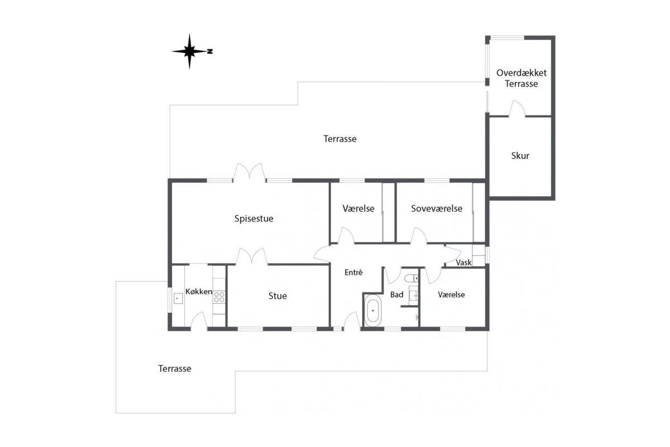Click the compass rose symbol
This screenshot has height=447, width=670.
pos(189,51)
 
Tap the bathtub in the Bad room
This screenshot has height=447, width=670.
pos(373,311)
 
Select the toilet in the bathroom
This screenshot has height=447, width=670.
pos(411,278)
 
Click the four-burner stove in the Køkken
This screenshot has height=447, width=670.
pos(219,297)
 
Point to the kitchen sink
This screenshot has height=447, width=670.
pos(178,299)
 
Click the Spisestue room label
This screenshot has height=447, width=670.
pos(253,219)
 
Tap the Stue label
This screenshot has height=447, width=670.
pos(277,296)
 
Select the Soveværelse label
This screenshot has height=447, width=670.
pos(437,208)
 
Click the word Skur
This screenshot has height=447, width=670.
pos(520,156)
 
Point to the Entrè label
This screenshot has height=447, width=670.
pos(353,272)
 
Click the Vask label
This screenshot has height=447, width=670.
pos(463,262)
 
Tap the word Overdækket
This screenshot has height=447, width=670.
pos(521,73)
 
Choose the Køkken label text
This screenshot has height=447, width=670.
pos(199,291)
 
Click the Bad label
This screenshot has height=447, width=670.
pos(396,295)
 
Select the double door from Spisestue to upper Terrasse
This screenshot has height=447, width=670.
pos(249,172)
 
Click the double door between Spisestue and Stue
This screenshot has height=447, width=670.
pos(252,257)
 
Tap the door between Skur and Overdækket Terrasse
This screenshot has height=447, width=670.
pos(517,108)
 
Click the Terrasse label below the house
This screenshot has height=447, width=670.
pos(175,368)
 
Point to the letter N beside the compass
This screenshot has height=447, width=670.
pos(210,51)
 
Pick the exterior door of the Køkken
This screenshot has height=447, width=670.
pos(199,320)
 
